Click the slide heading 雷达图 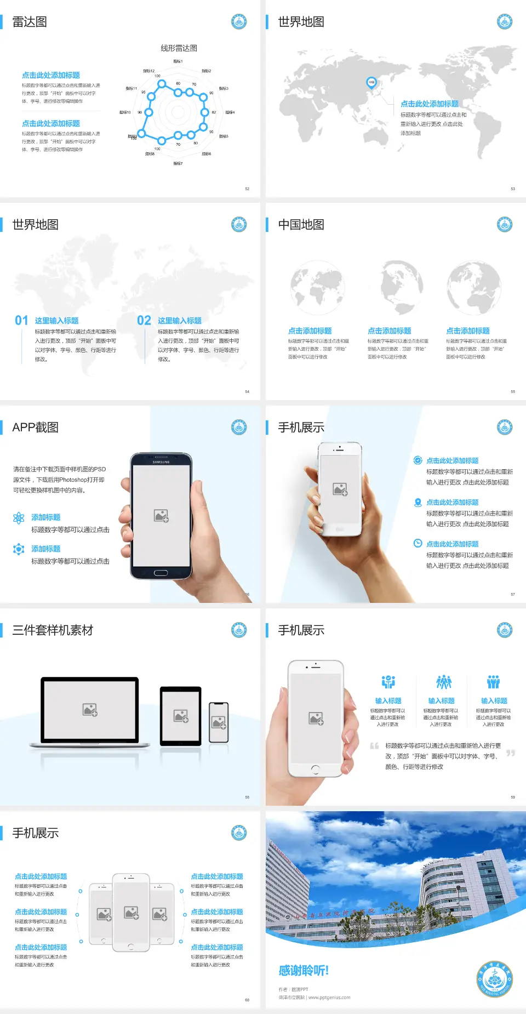click(x=30, y=22)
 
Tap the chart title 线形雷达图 click(x=179, y=48)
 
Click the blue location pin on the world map click(x=371, y=82)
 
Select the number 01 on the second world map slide click(x=21, y=320)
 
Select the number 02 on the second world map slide click(x=144, y=320)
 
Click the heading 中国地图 click(x=301, y=225)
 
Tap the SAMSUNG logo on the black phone click(x=161, y=462)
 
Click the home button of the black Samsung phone click(x=161, y=573)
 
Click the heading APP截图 click(x=36, y=428)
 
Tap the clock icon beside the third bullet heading click(x=418, y=543)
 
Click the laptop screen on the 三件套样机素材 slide click(x=90, y=710)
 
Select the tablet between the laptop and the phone click(x=181, y=715)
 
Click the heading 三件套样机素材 click(x=53, y=630)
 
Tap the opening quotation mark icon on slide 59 click(x=374, y=746)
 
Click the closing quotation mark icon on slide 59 click(x=511, y=753)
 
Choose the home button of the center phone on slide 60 click(x=131, y=947)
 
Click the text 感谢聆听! click(x=304, y=971)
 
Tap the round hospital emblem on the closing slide click(x=494, y=979)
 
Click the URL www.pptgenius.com click(x=329, y=998)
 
